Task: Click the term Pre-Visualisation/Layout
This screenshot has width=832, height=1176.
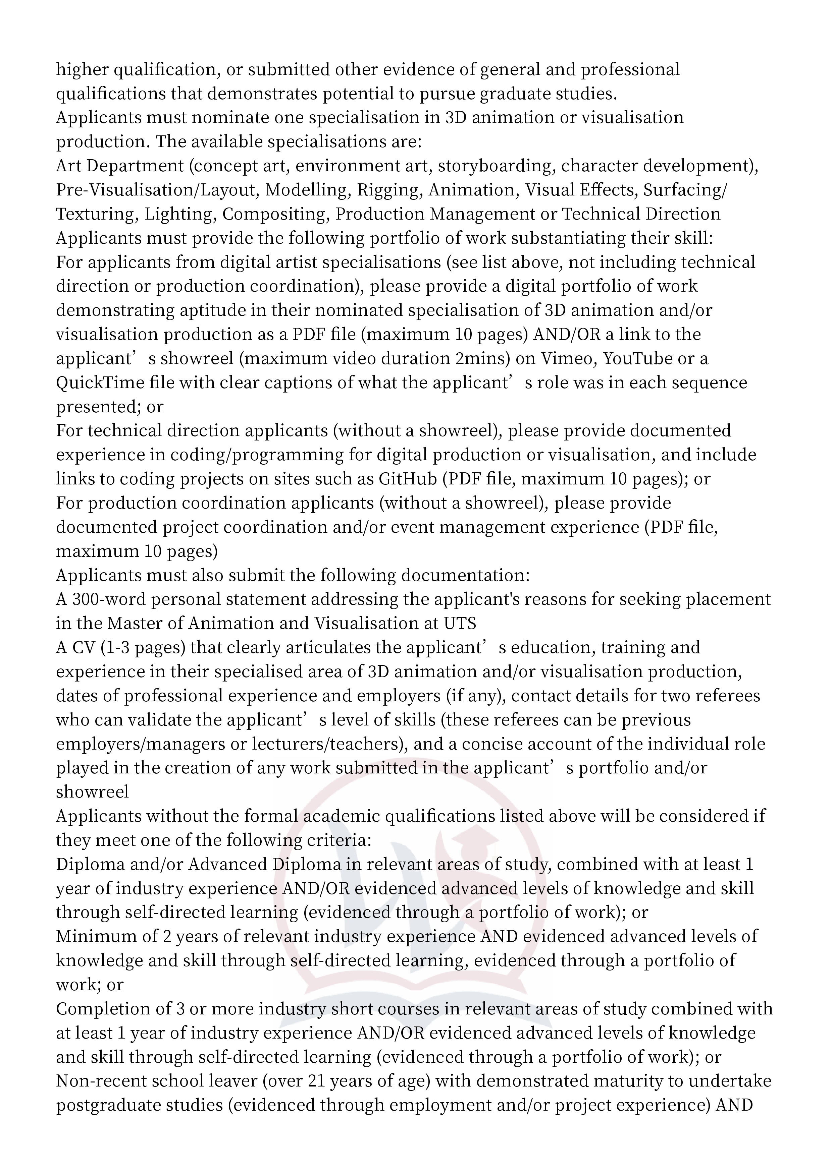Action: pyautogui.click(x=156, y=190)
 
